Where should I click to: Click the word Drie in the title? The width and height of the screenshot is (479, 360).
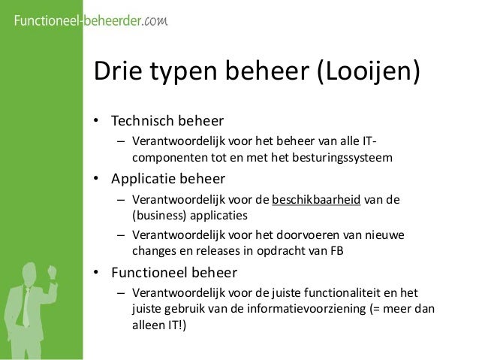click(x=115, y=74)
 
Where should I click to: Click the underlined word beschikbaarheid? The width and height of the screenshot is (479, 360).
click(x=317, y=201)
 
